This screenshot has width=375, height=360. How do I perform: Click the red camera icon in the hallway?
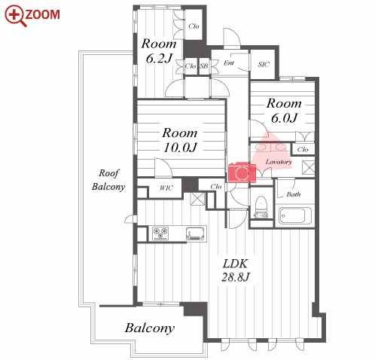[x=242, y=172]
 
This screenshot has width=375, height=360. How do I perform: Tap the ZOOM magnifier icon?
[x=16, y=16]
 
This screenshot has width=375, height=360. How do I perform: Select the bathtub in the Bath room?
[x=295, y=215]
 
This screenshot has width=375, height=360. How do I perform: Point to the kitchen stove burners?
[x=160, y=233]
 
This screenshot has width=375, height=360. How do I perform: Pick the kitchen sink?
[x=195, y=233]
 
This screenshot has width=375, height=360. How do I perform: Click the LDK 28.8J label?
[x=235, y=270]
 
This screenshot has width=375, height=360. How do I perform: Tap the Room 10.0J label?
[x=180, y=140]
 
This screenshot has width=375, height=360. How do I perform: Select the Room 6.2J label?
[x=159, y=51]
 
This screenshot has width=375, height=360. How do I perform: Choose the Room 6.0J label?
[x=284, y=111]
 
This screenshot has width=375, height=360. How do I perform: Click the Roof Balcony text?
[x=108, y=180]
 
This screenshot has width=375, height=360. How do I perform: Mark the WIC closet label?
[x=166, y=188]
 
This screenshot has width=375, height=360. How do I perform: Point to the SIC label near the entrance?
[x=264, y=65]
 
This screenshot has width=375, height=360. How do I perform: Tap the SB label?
[x=204, y=66]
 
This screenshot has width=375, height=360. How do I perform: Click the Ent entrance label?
[x=229, y=63]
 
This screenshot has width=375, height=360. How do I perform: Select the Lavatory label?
[x=279, y=162]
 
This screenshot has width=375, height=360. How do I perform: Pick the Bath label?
[x=294, y=194]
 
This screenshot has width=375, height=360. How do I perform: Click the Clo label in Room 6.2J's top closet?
[x=194, y=26]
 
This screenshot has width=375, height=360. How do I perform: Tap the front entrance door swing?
[x=232, y=38]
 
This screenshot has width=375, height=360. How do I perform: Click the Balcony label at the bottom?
[x=150, y=328]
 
